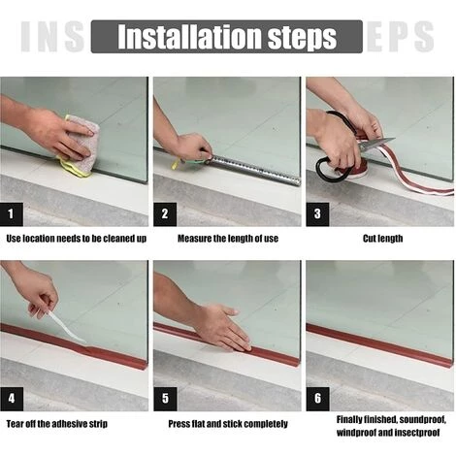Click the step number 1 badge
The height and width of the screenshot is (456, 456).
click(12, 214)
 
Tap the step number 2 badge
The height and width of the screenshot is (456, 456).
click(165, 214)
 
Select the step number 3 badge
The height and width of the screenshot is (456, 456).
click(317, 214)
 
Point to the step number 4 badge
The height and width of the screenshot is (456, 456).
click(12, 399)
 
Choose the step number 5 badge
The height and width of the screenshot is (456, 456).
click(165, 399)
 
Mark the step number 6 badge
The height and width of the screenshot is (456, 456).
click(317, 399)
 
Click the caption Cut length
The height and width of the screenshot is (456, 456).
click(382, 239)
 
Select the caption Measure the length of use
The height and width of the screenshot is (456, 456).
click(228, 239)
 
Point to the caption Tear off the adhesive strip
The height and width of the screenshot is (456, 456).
click(57, 424)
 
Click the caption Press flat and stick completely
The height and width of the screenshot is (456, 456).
click(228, 424)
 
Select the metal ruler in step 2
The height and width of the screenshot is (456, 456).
click(255, 170)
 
